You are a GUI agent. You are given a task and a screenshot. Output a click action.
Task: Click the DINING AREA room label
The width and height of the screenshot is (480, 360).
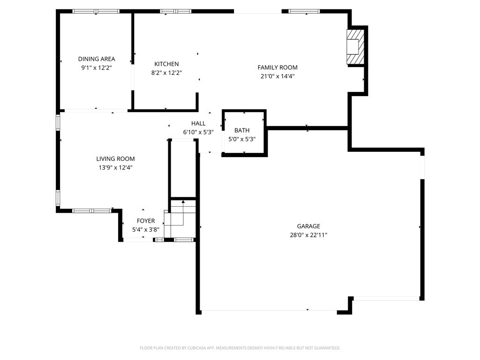97,59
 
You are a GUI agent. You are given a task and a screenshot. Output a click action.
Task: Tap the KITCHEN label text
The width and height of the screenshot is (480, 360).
166,64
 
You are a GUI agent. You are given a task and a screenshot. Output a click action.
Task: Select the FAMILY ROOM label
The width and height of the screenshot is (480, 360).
277,67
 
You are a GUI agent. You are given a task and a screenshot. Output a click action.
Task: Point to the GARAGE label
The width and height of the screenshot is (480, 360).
308,226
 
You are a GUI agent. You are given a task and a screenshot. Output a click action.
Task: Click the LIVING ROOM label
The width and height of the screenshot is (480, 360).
115,158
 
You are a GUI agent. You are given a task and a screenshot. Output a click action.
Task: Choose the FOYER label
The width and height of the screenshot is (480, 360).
146,221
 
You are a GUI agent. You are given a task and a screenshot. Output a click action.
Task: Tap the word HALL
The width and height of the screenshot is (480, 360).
198,123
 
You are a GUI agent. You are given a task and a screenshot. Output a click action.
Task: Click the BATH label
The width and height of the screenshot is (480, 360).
242,130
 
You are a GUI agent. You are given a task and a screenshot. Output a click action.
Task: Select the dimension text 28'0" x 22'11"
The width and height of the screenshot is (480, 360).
308,235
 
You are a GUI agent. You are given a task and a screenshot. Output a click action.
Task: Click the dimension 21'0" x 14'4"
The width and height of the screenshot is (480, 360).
277,76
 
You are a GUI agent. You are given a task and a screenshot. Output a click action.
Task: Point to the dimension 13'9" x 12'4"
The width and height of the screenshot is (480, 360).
115,167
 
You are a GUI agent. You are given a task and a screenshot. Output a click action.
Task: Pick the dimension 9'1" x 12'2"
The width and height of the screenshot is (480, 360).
97,67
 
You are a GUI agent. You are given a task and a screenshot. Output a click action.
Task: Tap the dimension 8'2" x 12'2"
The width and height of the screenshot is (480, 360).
166,73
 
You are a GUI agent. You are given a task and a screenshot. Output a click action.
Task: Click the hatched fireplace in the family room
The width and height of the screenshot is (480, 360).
355,46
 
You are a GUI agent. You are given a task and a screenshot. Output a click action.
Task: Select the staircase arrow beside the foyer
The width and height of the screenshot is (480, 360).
183,212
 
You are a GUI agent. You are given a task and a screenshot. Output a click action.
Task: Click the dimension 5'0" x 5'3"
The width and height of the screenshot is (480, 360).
242,139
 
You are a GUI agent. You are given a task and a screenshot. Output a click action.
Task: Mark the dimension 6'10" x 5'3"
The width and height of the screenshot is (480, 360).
198,132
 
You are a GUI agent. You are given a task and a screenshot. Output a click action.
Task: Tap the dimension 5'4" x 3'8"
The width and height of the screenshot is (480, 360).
146,230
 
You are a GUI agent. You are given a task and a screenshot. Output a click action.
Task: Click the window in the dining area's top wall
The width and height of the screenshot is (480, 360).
96,11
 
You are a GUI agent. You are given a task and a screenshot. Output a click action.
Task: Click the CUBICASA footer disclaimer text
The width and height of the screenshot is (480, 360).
240,348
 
